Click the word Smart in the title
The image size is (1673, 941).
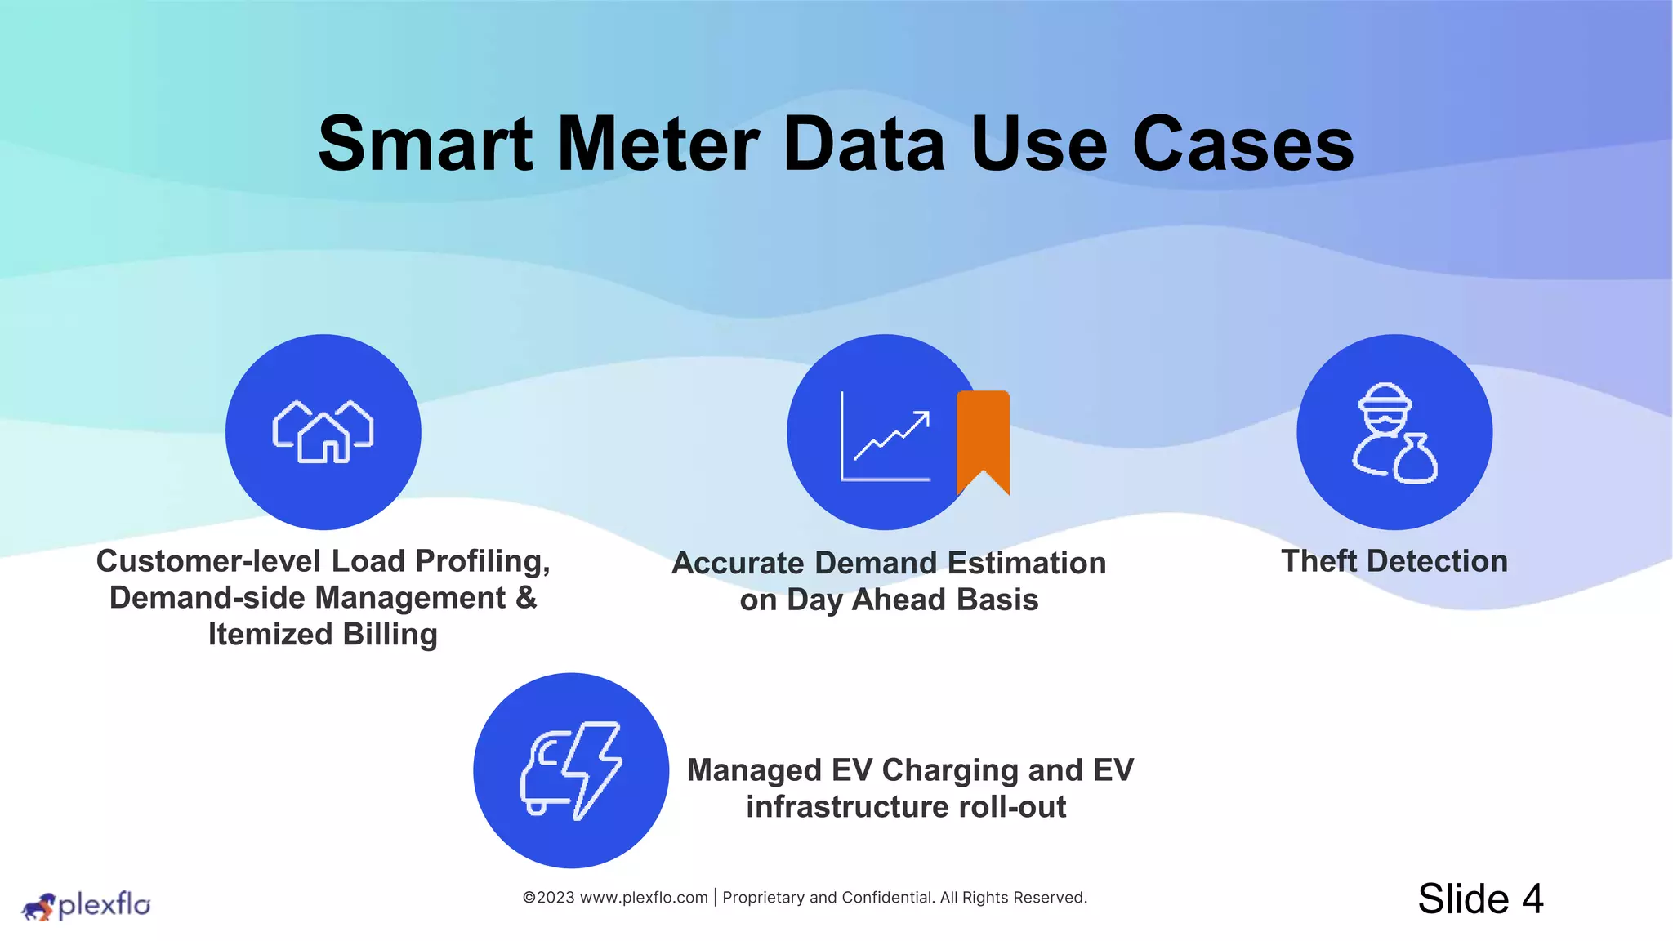coord(425,145)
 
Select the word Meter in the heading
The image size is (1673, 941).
coord(658,145)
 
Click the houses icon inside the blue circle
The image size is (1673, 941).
coord(323,432)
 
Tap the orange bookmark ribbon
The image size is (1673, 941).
coord(983,437)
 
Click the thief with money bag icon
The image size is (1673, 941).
coord(1394,433)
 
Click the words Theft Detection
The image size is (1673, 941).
coord(1394,561)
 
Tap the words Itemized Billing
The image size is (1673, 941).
coord(323,635)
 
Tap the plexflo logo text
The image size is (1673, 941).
coord(105,904)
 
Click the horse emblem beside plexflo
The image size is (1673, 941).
coord(38,907)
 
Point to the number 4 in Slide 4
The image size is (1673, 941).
coord(1532,899)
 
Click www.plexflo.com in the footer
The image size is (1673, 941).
coord(644,898)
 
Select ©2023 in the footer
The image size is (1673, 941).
coord(548,898)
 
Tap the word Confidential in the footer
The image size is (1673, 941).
coord(887,898)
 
